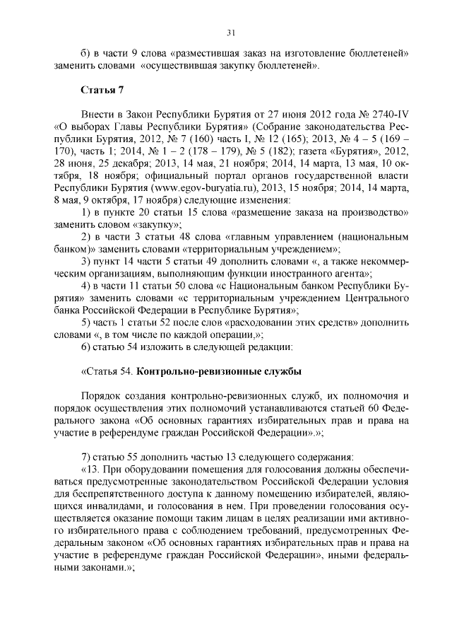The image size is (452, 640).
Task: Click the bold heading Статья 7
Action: pyautogui.click(x=103, y=91)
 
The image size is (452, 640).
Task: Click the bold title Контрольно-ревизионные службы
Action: pyautogui.click(x=218, y=371)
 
